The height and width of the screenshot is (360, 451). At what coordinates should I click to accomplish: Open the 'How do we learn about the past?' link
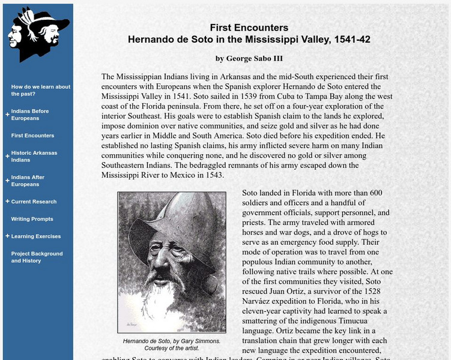(40, 90)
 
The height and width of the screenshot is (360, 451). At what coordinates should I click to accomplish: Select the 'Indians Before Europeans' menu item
(30, 115)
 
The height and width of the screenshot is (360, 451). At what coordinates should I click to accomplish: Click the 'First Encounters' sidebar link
(32, 136)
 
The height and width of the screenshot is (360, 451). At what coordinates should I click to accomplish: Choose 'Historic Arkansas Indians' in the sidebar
(34, 157)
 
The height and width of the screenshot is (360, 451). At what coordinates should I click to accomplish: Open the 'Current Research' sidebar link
(34, 202)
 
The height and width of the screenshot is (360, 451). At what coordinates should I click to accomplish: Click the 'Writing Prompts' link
(32, 219)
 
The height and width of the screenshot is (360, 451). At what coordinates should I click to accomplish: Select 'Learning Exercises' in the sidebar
(35, 236)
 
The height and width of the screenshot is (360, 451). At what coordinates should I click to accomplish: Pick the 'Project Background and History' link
(37, 257)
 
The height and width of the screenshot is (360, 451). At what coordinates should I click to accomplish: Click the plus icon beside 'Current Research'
(7, 202)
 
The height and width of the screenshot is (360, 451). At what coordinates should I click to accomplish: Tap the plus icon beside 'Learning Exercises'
(7, 236)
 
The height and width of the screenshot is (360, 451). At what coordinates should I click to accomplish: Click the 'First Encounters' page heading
(249, 28)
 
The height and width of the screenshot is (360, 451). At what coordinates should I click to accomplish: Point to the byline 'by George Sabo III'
(249, 59)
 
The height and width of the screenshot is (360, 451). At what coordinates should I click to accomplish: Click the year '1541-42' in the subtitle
(351, 40)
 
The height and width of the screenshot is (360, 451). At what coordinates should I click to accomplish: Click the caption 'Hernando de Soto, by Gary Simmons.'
(171, 341)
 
